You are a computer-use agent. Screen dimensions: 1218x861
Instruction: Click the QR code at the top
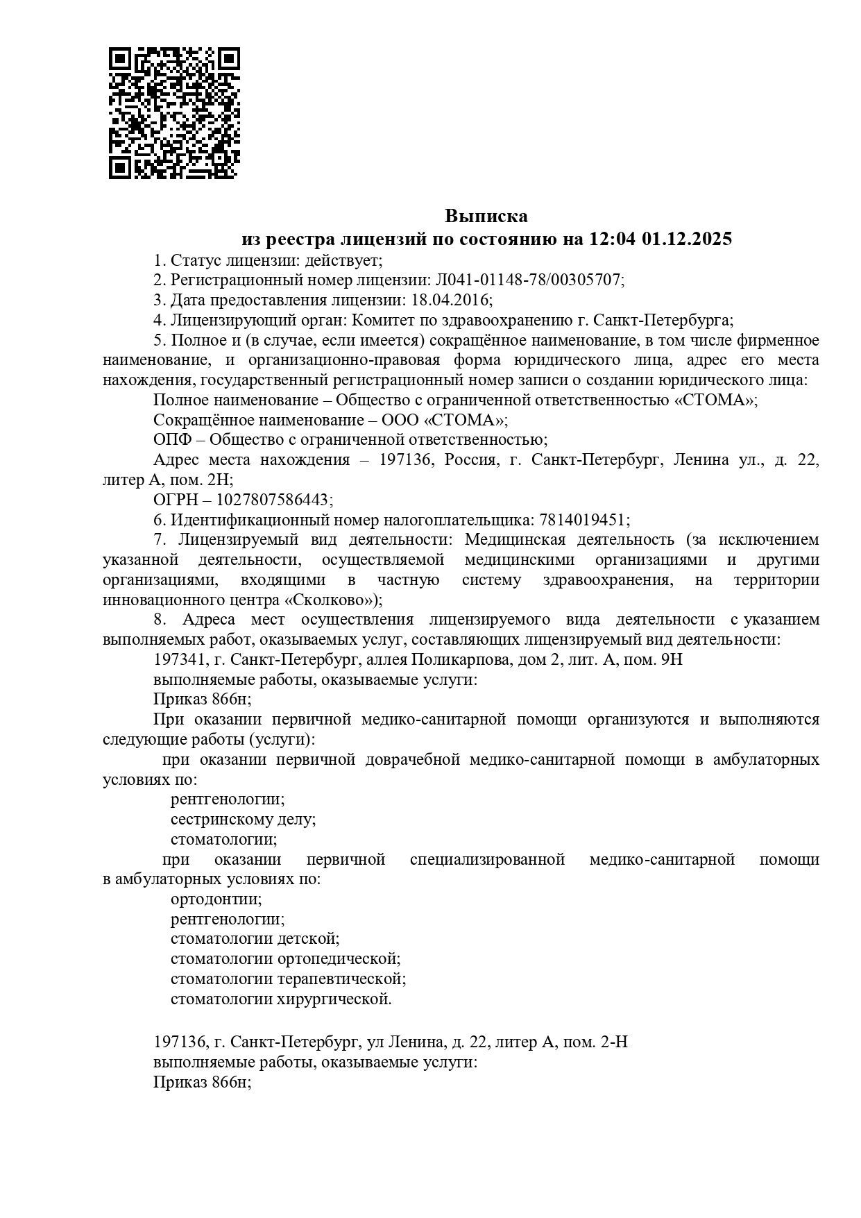pos(173,112)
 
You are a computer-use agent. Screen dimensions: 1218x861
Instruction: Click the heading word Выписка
pos(486,216)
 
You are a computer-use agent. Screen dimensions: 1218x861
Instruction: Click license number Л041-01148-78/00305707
pos(529,280)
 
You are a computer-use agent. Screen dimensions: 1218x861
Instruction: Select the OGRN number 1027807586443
pos(273,500)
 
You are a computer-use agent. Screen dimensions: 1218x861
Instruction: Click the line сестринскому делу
pos(244,820)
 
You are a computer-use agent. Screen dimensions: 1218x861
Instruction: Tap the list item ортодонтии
pos(216,899)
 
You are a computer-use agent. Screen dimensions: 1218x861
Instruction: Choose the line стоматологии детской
pos(255,940)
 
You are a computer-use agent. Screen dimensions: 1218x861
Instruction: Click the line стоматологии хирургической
pos(281,1000)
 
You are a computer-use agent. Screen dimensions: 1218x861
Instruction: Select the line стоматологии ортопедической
pos(285,960)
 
